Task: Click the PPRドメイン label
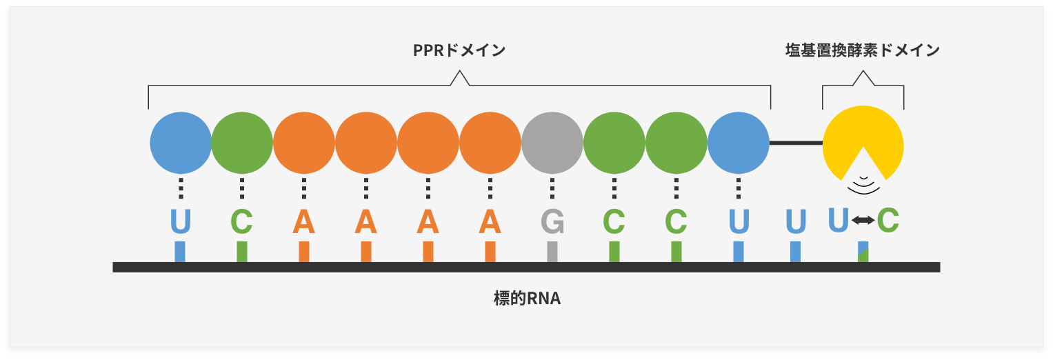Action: click(459, 50)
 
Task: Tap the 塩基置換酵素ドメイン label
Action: click(863, 50)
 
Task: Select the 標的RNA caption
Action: click(527, 299)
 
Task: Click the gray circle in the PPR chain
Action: click(552, 143)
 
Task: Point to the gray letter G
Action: click(552, 221)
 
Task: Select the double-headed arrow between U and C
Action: click(863, 220)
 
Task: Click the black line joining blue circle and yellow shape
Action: click(796, 143)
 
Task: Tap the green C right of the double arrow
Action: click(888, 220)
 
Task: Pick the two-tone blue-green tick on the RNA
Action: click(863, 252)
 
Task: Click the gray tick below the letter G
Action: click(552, 252)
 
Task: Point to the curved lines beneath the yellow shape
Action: click(863, 186)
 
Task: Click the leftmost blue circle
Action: click(181, 143)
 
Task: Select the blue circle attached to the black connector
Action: click(739, 143)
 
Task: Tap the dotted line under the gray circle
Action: click(552, 188)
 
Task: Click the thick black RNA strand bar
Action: click(527, 268)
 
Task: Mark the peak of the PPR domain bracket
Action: click(460, 71)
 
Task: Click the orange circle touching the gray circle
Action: click(490, 143)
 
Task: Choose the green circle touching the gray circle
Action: click(614, 143)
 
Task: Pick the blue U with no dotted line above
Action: click(796, 221)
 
